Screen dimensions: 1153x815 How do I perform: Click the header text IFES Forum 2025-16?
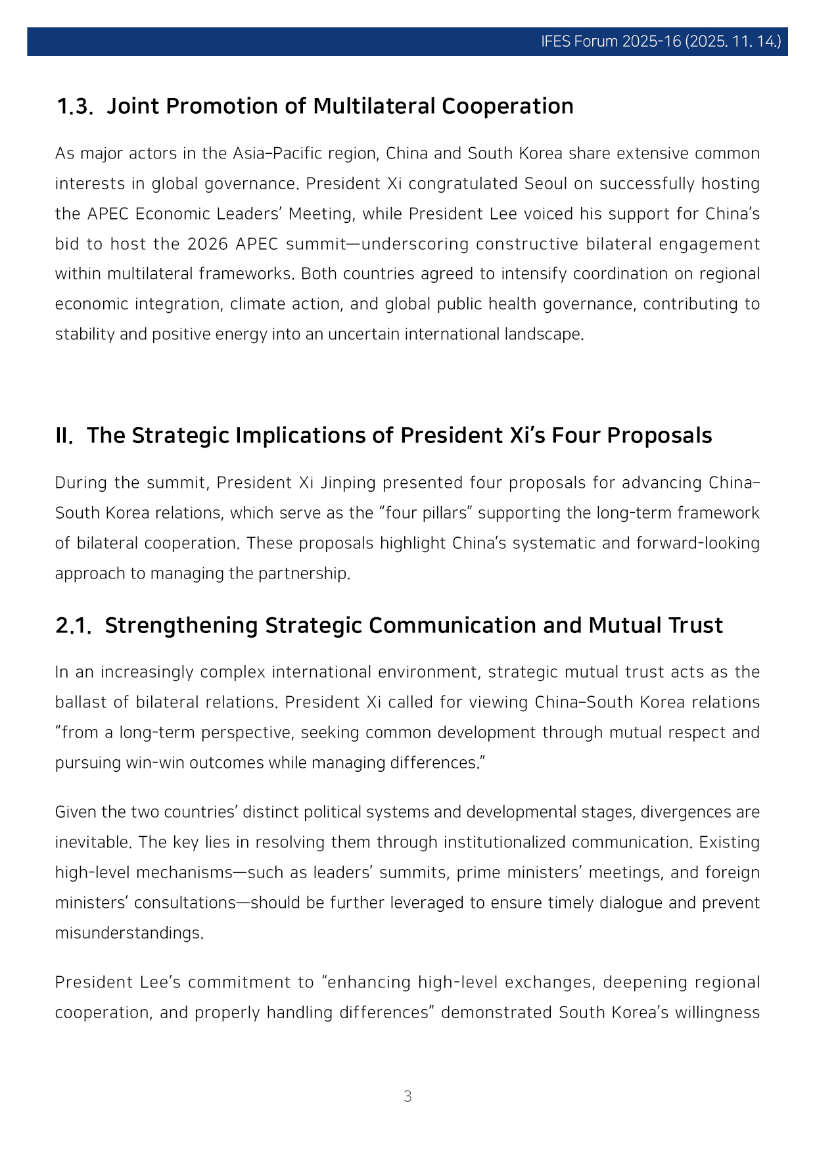611,41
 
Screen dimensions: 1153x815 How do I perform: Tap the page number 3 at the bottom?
407,1096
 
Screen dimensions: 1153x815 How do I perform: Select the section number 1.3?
74,106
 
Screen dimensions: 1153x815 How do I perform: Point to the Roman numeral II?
64,436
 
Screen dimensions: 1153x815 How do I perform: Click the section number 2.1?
73,626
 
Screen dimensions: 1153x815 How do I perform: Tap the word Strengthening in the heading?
181,626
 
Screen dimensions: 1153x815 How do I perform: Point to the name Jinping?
348,482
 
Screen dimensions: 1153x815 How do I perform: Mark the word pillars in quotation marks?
446,513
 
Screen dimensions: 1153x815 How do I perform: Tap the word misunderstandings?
129,933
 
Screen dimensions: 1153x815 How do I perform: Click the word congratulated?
463,183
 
